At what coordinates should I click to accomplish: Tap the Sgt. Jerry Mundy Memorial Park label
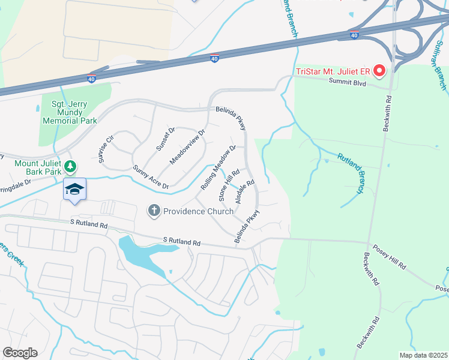[70, 112]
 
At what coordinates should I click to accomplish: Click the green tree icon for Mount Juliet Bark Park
[71, 166]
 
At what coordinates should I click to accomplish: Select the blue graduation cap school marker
[75, 190]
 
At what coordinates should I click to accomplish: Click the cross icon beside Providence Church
[154, 211]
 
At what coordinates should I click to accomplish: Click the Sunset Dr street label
[166, 139]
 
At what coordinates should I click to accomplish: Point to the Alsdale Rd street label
[246, 191]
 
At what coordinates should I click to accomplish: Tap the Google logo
[20, 353]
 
